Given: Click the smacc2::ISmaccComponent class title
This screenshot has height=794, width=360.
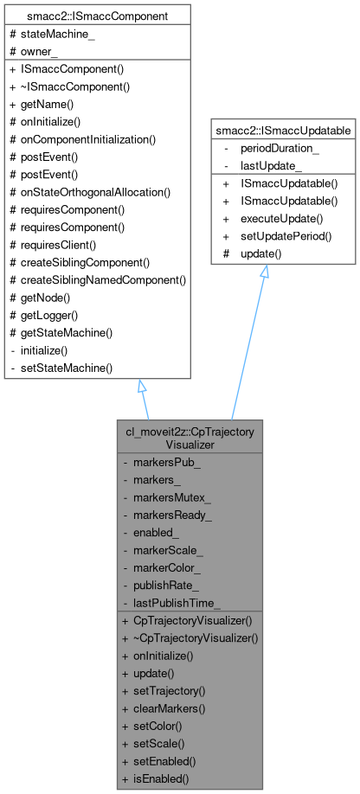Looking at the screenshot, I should pos(97,16).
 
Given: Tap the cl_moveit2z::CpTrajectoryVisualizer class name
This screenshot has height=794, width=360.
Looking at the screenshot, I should pos(191,437).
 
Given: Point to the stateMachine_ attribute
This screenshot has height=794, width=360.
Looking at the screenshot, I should pos(51,34).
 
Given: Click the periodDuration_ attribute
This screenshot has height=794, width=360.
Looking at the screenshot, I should pos(280,148).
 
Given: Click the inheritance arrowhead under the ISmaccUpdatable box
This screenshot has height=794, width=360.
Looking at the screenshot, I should pos(264,272).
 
